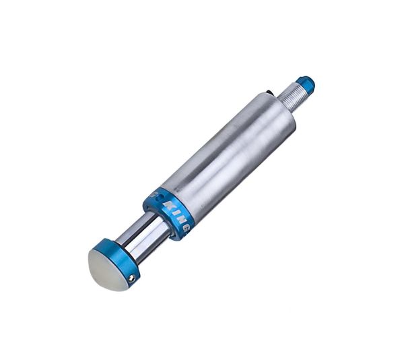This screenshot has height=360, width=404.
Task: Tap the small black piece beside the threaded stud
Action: [x=271, y=94]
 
